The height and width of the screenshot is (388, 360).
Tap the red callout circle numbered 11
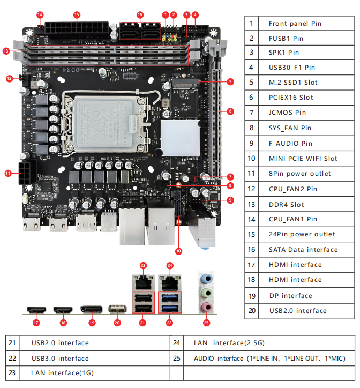(8, 173)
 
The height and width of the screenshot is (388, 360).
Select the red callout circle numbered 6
(230, 111)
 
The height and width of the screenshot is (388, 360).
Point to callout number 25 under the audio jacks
(207, 323)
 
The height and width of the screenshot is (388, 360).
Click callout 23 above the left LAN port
(143, 266)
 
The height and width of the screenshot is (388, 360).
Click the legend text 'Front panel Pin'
(295, 24)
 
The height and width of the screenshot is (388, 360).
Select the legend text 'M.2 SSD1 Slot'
(293, 83)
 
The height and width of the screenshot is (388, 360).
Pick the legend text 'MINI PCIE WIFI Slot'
(303, 159)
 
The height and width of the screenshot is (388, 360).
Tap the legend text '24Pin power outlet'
(302, 234)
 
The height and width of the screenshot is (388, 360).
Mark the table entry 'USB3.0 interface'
(60, 358)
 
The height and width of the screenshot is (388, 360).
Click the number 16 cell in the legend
(252, 250)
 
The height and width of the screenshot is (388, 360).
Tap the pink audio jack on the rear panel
(206, 307)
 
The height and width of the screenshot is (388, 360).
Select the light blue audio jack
(206, 279)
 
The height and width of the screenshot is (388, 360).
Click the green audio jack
(206, 293)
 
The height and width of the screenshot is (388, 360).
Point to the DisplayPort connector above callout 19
(92, 309)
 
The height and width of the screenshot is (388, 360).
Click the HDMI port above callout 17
(36, 310)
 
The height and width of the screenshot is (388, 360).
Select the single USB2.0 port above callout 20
(117, 309)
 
